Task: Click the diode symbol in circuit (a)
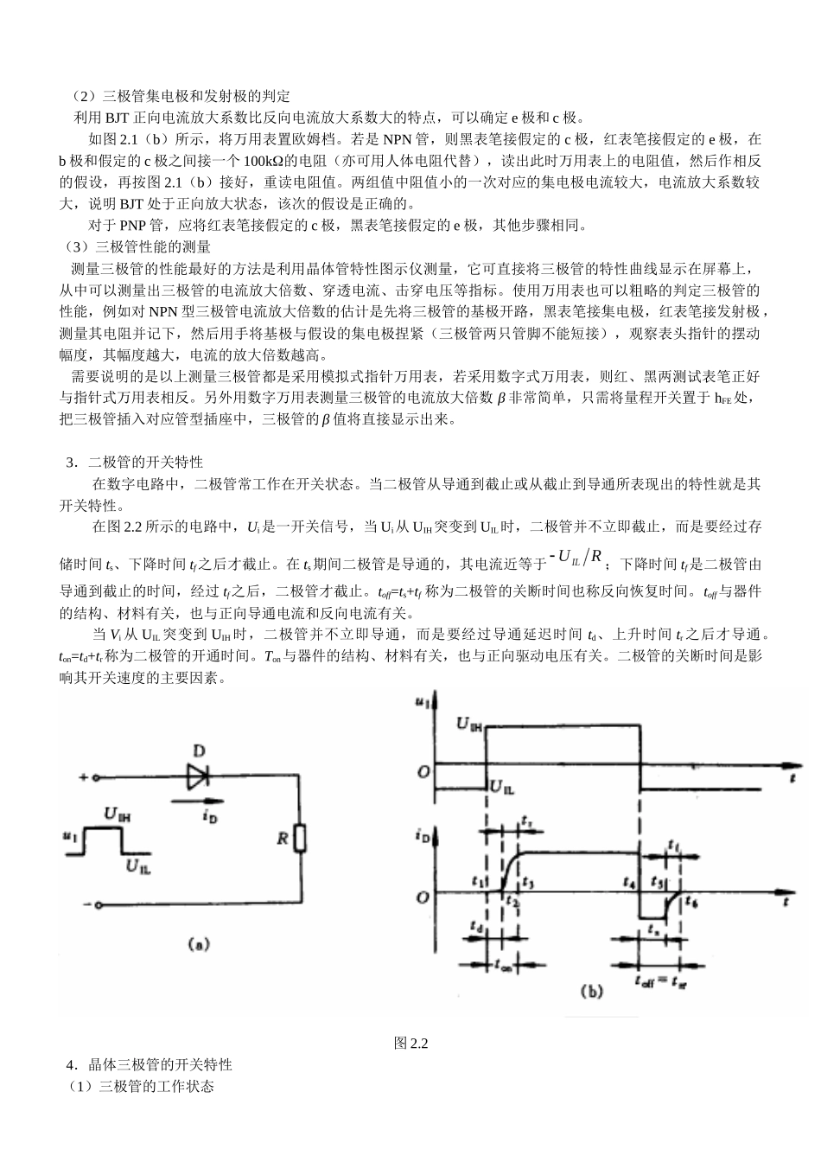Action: (200, 775)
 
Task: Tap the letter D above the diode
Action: (199, 750)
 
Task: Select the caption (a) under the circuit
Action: (199, 945)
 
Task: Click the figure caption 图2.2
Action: (410, 1043)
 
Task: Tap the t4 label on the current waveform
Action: (630, 882)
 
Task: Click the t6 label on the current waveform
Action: (691, 901)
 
